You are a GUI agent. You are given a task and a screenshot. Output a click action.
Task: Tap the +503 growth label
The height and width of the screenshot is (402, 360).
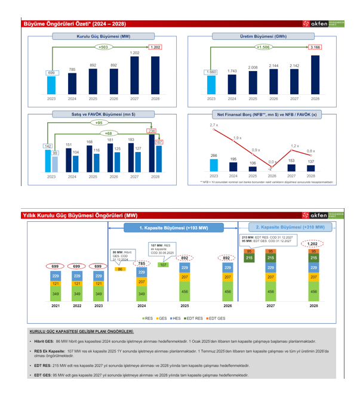pyautogui.click(x=103, y=47)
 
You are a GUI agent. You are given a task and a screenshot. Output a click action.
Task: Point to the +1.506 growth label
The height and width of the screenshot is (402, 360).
pyautogui.click(x=263, y=47)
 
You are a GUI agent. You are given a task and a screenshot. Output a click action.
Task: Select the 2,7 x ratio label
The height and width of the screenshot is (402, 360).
pyautogui.click(x=214, y=125)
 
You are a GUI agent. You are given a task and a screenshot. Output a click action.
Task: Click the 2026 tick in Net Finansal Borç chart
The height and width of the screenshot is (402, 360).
pyautogui.click(x=272, y=177)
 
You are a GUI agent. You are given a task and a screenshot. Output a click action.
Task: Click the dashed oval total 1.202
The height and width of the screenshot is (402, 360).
pyautogui.click(x=312, y=243)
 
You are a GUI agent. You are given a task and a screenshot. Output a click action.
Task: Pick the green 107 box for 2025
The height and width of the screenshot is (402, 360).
pyautogui.click(x=163, y=264)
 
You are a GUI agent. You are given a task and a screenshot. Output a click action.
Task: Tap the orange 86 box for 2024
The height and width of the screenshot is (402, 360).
pyautogui.click(x=120, y=269)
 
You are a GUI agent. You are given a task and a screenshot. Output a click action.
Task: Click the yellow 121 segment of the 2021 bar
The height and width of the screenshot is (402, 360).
pyautogui.click(x=56, y=284)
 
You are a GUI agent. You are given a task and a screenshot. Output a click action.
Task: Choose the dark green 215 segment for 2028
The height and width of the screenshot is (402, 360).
pyautogui.click(x=313, y=258)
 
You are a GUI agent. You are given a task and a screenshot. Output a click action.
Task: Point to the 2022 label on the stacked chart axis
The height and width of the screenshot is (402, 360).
pyautogui.click(x=77, y=306)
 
